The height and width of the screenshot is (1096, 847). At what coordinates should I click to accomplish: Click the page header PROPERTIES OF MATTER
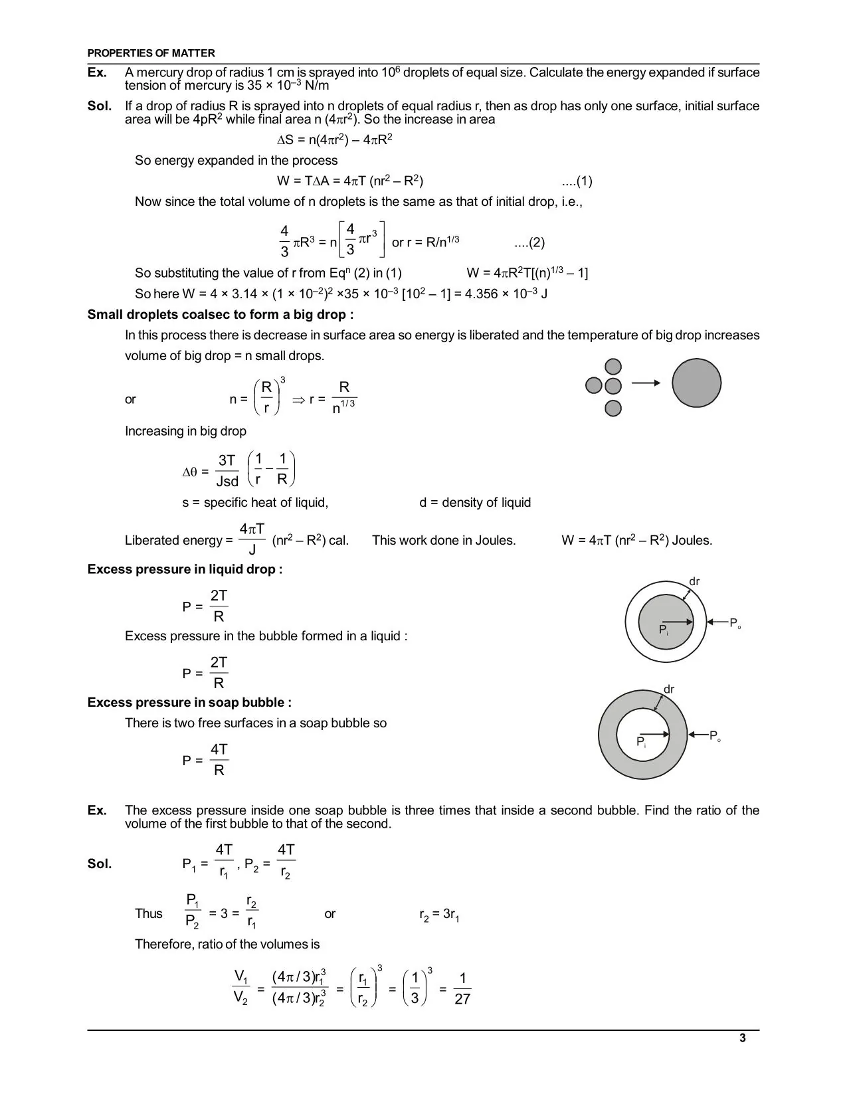point(151,53)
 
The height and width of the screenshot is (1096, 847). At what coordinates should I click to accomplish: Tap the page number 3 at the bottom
point(742,1038)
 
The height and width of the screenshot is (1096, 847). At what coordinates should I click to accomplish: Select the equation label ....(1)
point(577,181)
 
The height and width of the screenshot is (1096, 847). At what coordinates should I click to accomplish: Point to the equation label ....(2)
point(529,242)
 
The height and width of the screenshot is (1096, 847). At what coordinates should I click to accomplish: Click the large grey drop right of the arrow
point(696,383)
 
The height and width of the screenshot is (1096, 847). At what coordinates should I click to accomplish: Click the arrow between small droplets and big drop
point(646,383)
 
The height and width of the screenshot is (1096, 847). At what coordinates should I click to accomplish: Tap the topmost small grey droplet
point(613,367)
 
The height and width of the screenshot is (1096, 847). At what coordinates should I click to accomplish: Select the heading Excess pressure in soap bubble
point(189,703)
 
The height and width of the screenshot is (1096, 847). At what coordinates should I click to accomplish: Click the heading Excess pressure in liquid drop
point(185,569)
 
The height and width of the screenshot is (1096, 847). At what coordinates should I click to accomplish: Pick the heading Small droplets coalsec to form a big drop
point(221,315)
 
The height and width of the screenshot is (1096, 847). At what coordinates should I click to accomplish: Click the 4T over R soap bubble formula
point(219,760)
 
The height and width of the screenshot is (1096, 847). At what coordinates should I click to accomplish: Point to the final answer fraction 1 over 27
point(462,988)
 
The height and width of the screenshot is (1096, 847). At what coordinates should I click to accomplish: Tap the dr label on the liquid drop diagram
point(694,582)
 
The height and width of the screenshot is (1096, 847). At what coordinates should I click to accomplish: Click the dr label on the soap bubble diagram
point(669,689)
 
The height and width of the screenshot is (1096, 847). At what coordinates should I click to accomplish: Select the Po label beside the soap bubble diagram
point(715,736)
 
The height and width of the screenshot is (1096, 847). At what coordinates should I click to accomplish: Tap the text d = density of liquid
point(475,503)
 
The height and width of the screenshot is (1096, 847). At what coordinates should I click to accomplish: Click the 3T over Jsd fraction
point(227,471)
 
